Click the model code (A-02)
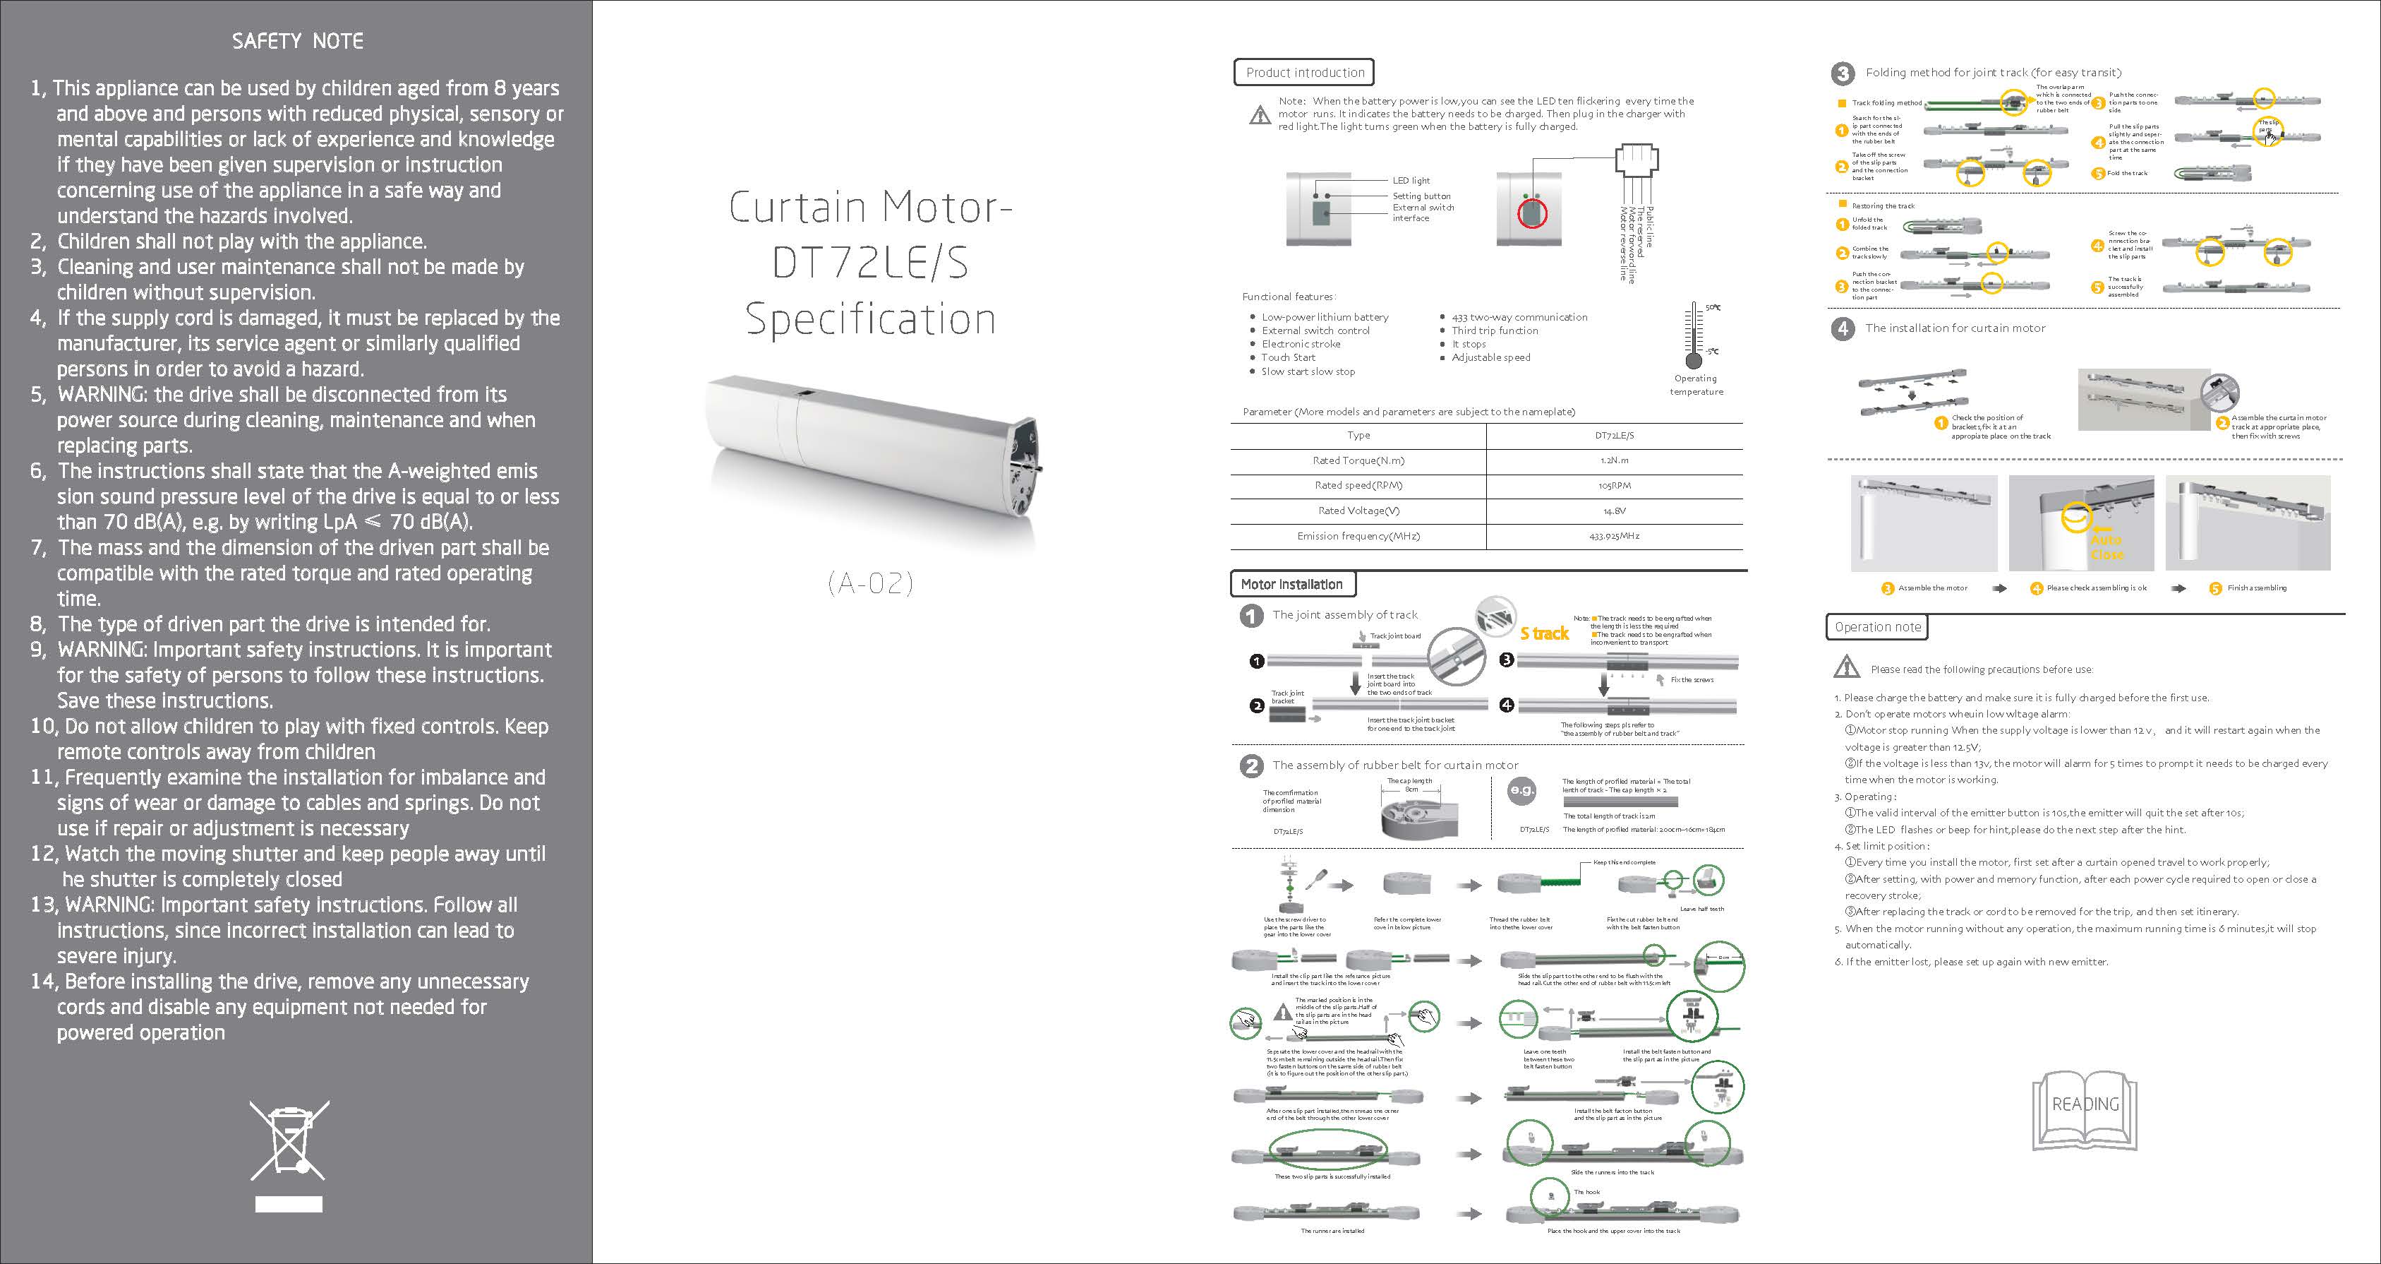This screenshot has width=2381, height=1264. tap(870, 583)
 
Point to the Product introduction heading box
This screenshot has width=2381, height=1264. tap(1303, 72)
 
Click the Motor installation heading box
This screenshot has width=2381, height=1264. tap(1292, 585)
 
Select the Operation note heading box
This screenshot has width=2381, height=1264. tap(1876, 627)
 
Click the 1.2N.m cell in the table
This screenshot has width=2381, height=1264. tap(1614, 460)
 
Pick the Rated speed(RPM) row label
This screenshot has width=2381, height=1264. tap(1358, 485)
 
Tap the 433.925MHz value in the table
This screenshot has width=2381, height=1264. tap(1614, 535)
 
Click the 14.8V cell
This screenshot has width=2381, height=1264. tap(1614, 511)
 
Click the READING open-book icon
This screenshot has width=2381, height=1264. tap(2085, 1109)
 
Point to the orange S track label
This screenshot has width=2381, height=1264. tap(1545, 633)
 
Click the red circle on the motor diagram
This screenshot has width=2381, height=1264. tap(1533, 213)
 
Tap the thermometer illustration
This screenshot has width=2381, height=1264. tap(1694, 337)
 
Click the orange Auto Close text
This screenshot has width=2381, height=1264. tap(2106, 547)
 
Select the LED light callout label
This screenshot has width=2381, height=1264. tap(1411, 180)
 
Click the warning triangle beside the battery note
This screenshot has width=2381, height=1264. tap(1260, 114)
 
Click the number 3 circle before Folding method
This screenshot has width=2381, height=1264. tap(1843, 73)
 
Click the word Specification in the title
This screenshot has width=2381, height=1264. tap(870, 319)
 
